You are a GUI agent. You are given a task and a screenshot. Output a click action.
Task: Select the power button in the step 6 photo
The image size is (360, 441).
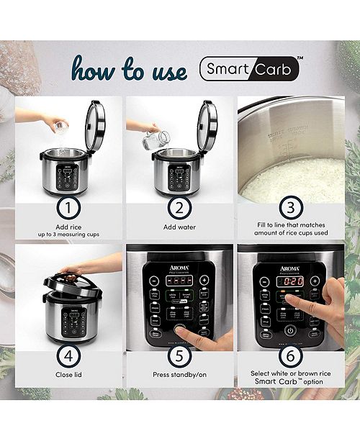click(x=289, y=330)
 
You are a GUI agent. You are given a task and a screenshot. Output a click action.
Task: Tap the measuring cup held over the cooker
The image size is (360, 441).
click(x=61, y=128)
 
